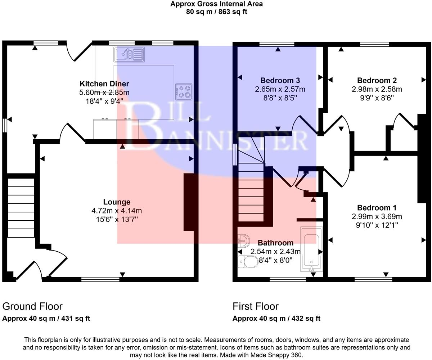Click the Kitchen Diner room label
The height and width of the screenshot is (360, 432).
(x=104, y=84)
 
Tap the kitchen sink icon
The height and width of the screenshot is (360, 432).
(x=129, y=55)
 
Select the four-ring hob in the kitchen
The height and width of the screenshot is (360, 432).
(x=184, y=91)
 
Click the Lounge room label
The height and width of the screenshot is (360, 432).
(x=117, y=202)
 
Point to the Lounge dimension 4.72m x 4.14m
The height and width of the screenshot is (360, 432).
(x=117, y=211)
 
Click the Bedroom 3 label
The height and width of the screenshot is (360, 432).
(x=280, y=80)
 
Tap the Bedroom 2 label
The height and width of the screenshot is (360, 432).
(x=377, y=80)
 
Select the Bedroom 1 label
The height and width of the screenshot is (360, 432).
(x=377, y=208)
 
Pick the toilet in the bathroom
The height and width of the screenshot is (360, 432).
(x=246, y=262)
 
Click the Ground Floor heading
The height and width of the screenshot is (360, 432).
(x=32, y=306)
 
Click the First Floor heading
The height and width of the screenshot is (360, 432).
(x=256, y=306)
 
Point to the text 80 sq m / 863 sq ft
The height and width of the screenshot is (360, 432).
(x=216, y=12)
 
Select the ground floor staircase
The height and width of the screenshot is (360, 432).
(x=21, y=207)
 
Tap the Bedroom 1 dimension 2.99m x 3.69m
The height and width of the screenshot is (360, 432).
(x=377, y=216)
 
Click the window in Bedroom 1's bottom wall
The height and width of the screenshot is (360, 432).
(x=373, y=279)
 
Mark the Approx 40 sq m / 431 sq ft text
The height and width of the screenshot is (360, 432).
(x=46, y=318)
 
